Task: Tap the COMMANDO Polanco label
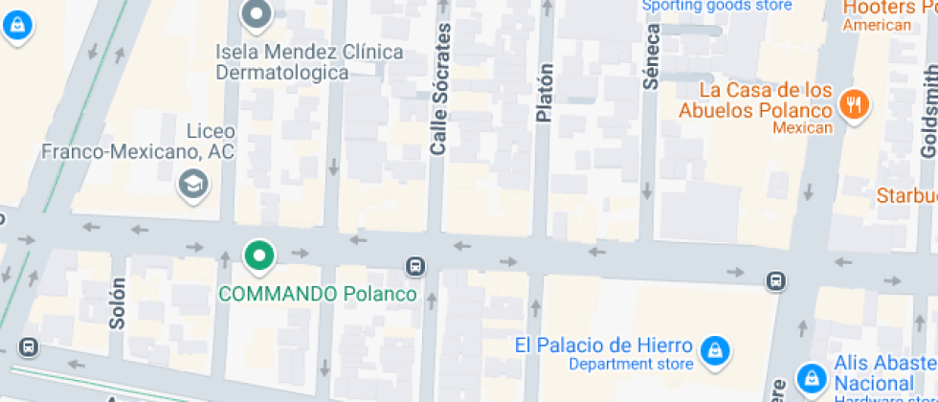point(318,294)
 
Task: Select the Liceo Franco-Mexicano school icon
point(195,184)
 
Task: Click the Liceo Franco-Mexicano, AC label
point(138,140)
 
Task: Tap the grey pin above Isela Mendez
point(257,13)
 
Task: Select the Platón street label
point(545,92)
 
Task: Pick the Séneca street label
point(651,56)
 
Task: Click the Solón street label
point(118,303)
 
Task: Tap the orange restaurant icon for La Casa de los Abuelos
point(853,103)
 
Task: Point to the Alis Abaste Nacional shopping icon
point(811,376)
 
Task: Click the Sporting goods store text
point(717,6)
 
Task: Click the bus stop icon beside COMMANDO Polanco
point(415,265)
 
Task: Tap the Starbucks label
point(906,195)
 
